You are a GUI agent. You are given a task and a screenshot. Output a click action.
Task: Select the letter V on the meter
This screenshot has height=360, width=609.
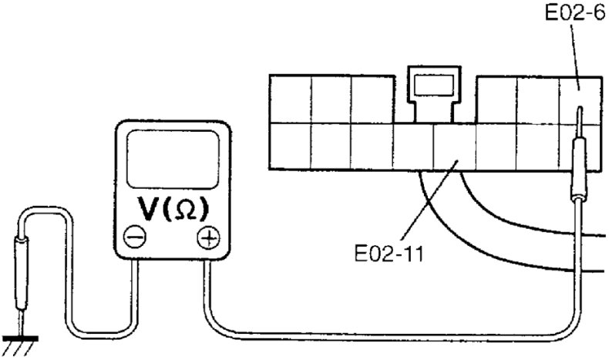[149, 208]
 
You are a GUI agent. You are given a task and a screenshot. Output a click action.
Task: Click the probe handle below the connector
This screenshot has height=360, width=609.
[577, 174]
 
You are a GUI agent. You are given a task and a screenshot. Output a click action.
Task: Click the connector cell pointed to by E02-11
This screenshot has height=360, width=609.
[455, 146]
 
